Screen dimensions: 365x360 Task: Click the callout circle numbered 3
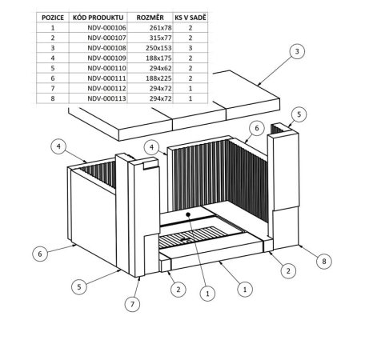click(x=297, y=51)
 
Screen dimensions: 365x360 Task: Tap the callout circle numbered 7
click(x=132, y=304)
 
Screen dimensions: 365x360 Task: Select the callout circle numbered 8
click(x=324, y=261)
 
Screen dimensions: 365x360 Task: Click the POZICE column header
click(x=53, y=18)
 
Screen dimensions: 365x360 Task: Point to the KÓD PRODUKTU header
click(x=98, y=18)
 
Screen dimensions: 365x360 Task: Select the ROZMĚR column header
click(x=150, y=18)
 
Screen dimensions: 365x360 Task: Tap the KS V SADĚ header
click(x=191, y=18)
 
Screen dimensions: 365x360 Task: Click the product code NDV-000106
click(x=106, y=28)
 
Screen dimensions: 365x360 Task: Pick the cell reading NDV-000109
click(x=106, y=58)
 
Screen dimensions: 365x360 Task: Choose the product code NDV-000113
click(x=106, y=98)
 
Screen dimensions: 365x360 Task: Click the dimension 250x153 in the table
click(x=158, y=48)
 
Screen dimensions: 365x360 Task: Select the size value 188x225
click(x=158, y=78)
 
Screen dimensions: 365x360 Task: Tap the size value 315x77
click(x=161, y=38)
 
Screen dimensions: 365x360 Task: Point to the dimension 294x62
click(x=161, y=68)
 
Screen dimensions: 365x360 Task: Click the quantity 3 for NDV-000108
click(x=191, y=48)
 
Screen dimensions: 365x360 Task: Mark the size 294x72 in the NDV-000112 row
click(x=161, y=89)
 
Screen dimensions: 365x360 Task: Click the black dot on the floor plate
click(x=188, y=214)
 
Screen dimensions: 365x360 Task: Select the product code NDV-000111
click(x=106, y=78)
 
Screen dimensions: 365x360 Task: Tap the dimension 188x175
click(x=158, y=58)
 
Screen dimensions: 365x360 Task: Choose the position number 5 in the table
click(x=53, y=68)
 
